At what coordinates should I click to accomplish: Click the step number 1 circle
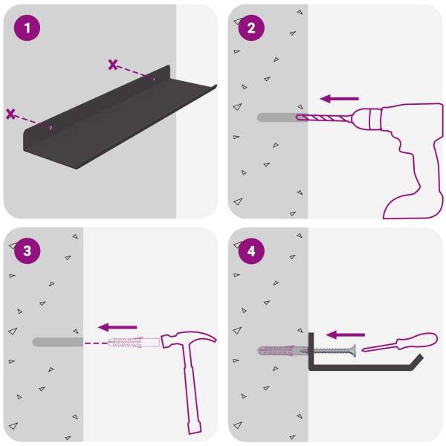[27, 28]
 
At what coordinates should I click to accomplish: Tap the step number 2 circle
[251, 28]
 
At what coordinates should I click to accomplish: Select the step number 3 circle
[27, 251]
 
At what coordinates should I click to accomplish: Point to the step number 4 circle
[251, 251]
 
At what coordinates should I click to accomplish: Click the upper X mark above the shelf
[113, 65]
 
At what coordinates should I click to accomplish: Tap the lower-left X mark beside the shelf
[11, 114]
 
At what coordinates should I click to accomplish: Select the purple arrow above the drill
[340, 99]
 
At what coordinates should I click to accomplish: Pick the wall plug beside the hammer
[134, 342]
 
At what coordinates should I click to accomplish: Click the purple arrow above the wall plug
[117, 327]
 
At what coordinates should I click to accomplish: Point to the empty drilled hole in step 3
[58, 342]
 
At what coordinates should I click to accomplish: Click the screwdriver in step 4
[400, 343]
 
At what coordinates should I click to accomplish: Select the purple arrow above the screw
[346, 334]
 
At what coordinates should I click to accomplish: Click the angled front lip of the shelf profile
[416, 361]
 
